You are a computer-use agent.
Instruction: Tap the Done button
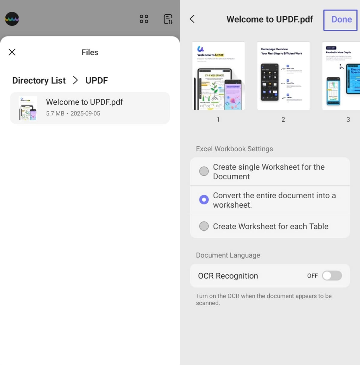coord(341,20)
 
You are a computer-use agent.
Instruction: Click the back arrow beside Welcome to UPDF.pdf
coord(192,19)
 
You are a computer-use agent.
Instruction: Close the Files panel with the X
coord(12,52)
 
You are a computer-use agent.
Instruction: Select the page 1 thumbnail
coord(218,76)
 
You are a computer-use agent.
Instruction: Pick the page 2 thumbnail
coord(283,76)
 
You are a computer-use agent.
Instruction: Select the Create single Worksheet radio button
coord(204,171)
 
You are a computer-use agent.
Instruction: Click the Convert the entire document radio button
coord(204,200)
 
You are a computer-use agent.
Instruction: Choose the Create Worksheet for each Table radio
coord(204,226)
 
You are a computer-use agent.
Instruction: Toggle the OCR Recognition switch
coord(332,276)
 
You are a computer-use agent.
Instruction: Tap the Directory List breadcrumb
coord(39,81)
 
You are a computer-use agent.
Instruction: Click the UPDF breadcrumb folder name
coord(97,81)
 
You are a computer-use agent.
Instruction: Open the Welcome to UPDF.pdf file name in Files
coord(84,102)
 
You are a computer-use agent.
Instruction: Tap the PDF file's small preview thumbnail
coord(28,108)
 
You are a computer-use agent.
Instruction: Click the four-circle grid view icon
coord(144,19)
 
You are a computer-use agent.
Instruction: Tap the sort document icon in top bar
coord(168,19)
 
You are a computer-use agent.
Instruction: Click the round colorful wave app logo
coord(12,19)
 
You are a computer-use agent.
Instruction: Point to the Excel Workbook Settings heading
coord(234,149)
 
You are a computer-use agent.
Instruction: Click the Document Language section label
coord(228,255)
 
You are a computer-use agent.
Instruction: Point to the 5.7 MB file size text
coord(55,114)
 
